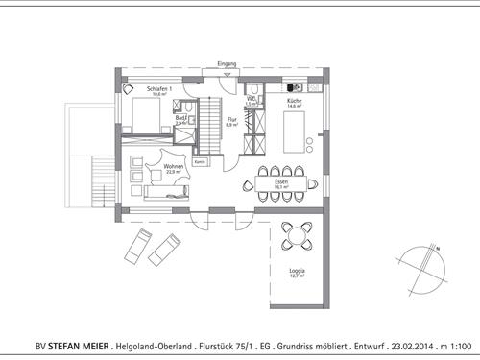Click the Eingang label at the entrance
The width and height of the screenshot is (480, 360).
[x=227, y=63]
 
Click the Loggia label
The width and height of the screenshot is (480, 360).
[x=298, y=274]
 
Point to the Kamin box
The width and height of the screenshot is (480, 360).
[x=200, y=162]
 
